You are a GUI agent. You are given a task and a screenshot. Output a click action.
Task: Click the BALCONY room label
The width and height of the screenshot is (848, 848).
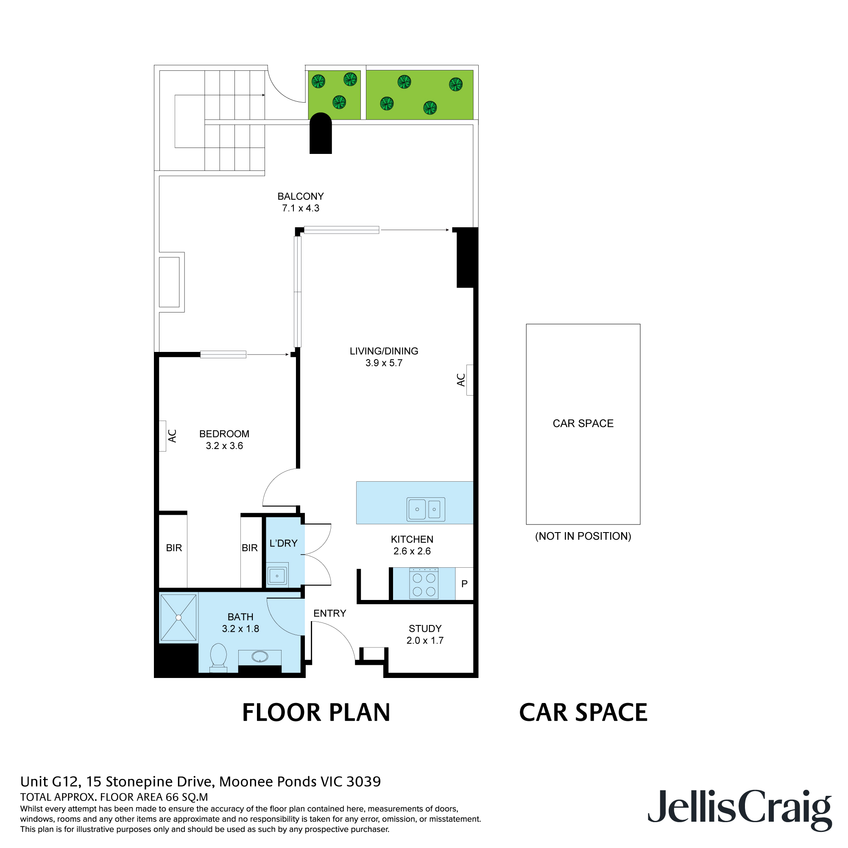click(x=300, y=196)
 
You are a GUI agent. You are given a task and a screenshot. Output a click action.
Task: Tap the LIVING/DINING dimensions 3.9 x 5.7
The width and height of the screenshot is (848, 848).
click(x=384, y=363)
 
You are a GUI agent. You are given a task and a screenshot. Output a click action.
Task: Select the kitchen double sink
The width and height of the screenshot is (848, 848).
click(x=425, y=509)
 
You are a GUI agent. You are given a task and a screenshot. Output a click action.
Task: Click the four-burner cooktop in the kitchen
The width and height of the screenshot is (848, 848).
click(x=424, y=584)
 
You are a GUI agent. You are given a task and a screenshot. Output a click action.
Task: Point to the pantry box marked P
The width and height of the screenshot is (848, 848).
click(x=464, y=584)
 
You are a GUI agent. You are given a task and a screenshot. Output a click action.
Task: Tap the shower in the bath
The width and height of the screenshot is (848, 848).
click(x=178, y=618)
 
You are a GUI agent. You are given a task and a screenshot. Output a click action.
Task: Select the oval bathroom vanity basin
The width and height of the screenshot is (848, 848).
click(x=260, y=657)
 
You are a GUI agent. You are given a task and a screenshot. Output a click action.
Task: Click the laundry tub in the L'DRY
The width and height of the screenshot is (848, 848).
click(x=277, y=575)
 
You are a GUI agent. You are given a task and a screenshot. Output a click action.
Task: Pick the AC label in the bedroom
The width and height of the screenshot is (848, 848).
click(x=173, y=436)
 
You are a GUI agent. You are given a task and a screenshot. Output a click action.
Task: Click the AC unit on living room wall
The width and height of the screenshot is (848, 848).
click(x=469, y=380)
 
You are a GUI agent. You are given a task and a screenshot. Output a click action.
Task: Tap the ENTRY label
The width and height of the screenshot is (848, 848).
click(x=329, y=613)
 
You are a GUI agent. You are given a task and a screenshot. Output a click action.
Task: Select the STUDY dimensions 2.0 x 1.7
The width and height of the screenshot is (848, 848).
click(x=424, y=640)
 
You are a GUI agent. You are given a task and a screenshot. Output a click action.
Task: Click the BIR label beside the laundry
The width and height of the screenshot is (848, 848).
click(x=250, y=548)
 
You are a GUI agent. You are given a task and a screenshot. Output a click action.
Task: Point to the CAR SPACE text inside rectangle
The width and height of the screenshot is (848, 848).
click(x=583, y=423)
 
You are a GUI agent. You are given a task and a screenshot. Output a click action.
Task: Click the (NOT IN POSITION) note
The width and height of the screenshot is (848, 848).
click(x=583, y=536)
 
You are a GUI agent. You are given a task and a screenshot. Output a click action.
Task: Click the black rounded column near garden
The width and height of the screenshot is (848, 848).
click(x=321, y=134)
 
